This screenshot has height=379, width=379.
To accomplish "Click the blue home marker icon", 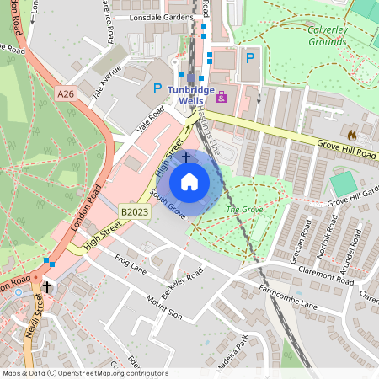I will click(x=189, y=181).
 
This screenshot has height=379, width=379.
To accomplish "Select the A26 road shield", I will click(x=68, y=95).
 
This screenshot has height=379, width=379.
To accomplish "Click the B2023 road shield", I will click(x=134, y=212).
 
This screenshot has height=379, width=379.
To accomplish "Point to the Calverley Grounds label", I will click(x=339, y=35).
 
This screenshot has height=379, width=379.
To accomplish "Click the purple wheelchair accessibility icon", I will click(x=222, y=98).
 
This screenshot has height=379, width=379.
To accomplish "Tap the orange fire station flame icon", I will click(x=352, y=134).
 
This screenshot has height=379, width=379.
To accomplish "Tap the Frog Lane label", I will click(x=131, y=264).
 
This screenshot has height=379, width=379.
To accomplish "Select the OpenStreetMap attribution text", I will click(x=84, y=373).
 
